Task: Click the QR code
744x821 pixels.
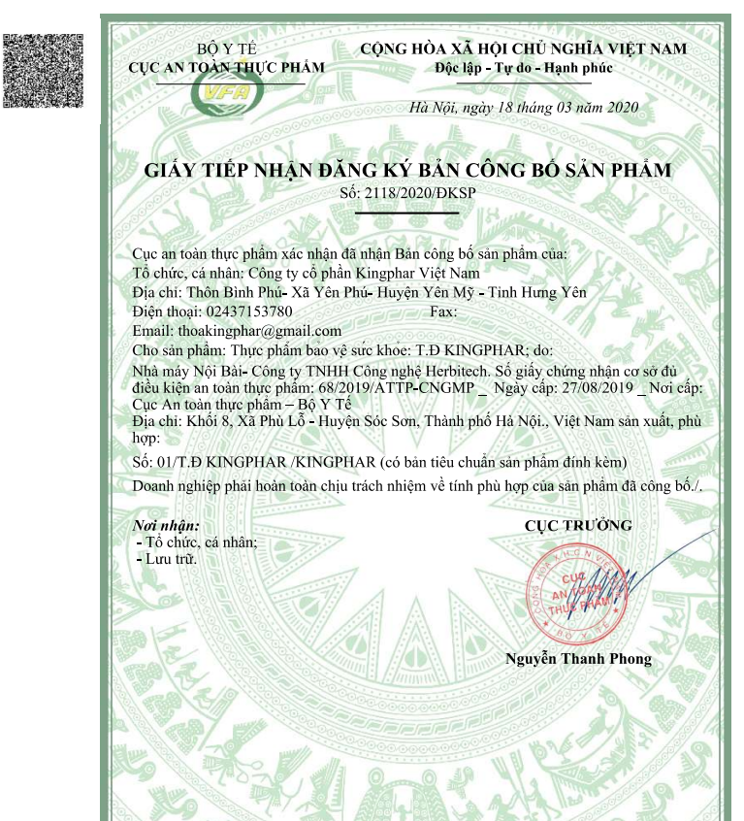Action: [x=44, y=71]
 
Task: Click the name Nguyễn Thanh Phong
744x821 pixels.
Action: [x=578, y=659]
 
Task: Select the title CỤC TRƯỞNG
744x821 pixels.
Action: [x=578, y=526]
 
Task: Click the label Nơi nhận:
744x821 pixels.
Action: [x=166, y=525]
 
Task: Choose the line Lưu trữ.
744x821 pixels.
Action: [x=172, y=560]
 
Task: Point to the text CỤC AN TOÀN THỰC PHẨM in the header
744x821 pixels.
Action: [x=227, y=67]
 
